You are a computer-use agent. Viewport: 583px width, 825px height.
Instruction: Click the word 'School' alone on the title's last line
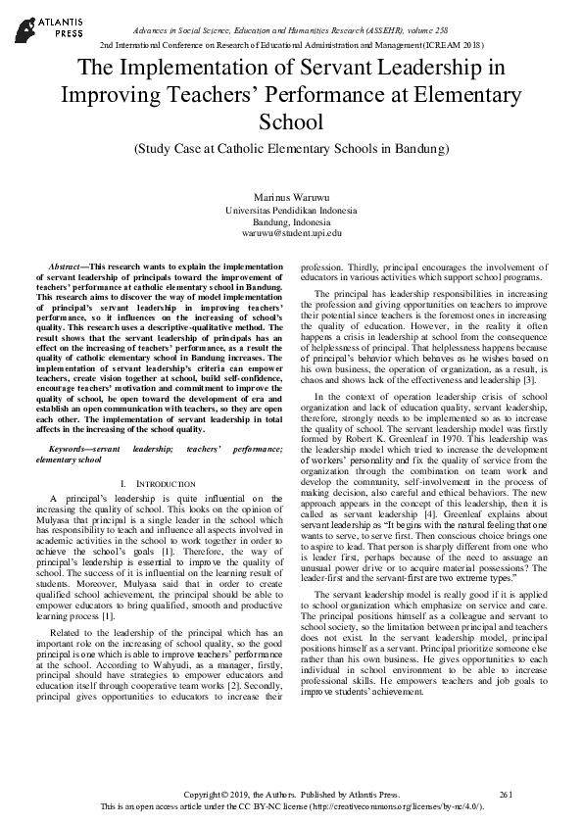point(290,123)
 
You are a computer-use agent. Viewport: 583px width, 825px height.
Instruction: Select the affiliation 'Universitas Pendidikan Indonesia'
point(291,210)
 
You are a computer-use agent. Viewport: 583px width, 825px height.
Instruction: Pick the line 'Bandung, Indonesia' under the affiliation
point(291,222)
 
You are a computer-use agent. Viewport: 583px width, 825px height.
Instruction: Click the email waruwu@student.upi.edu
point(291,234)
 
